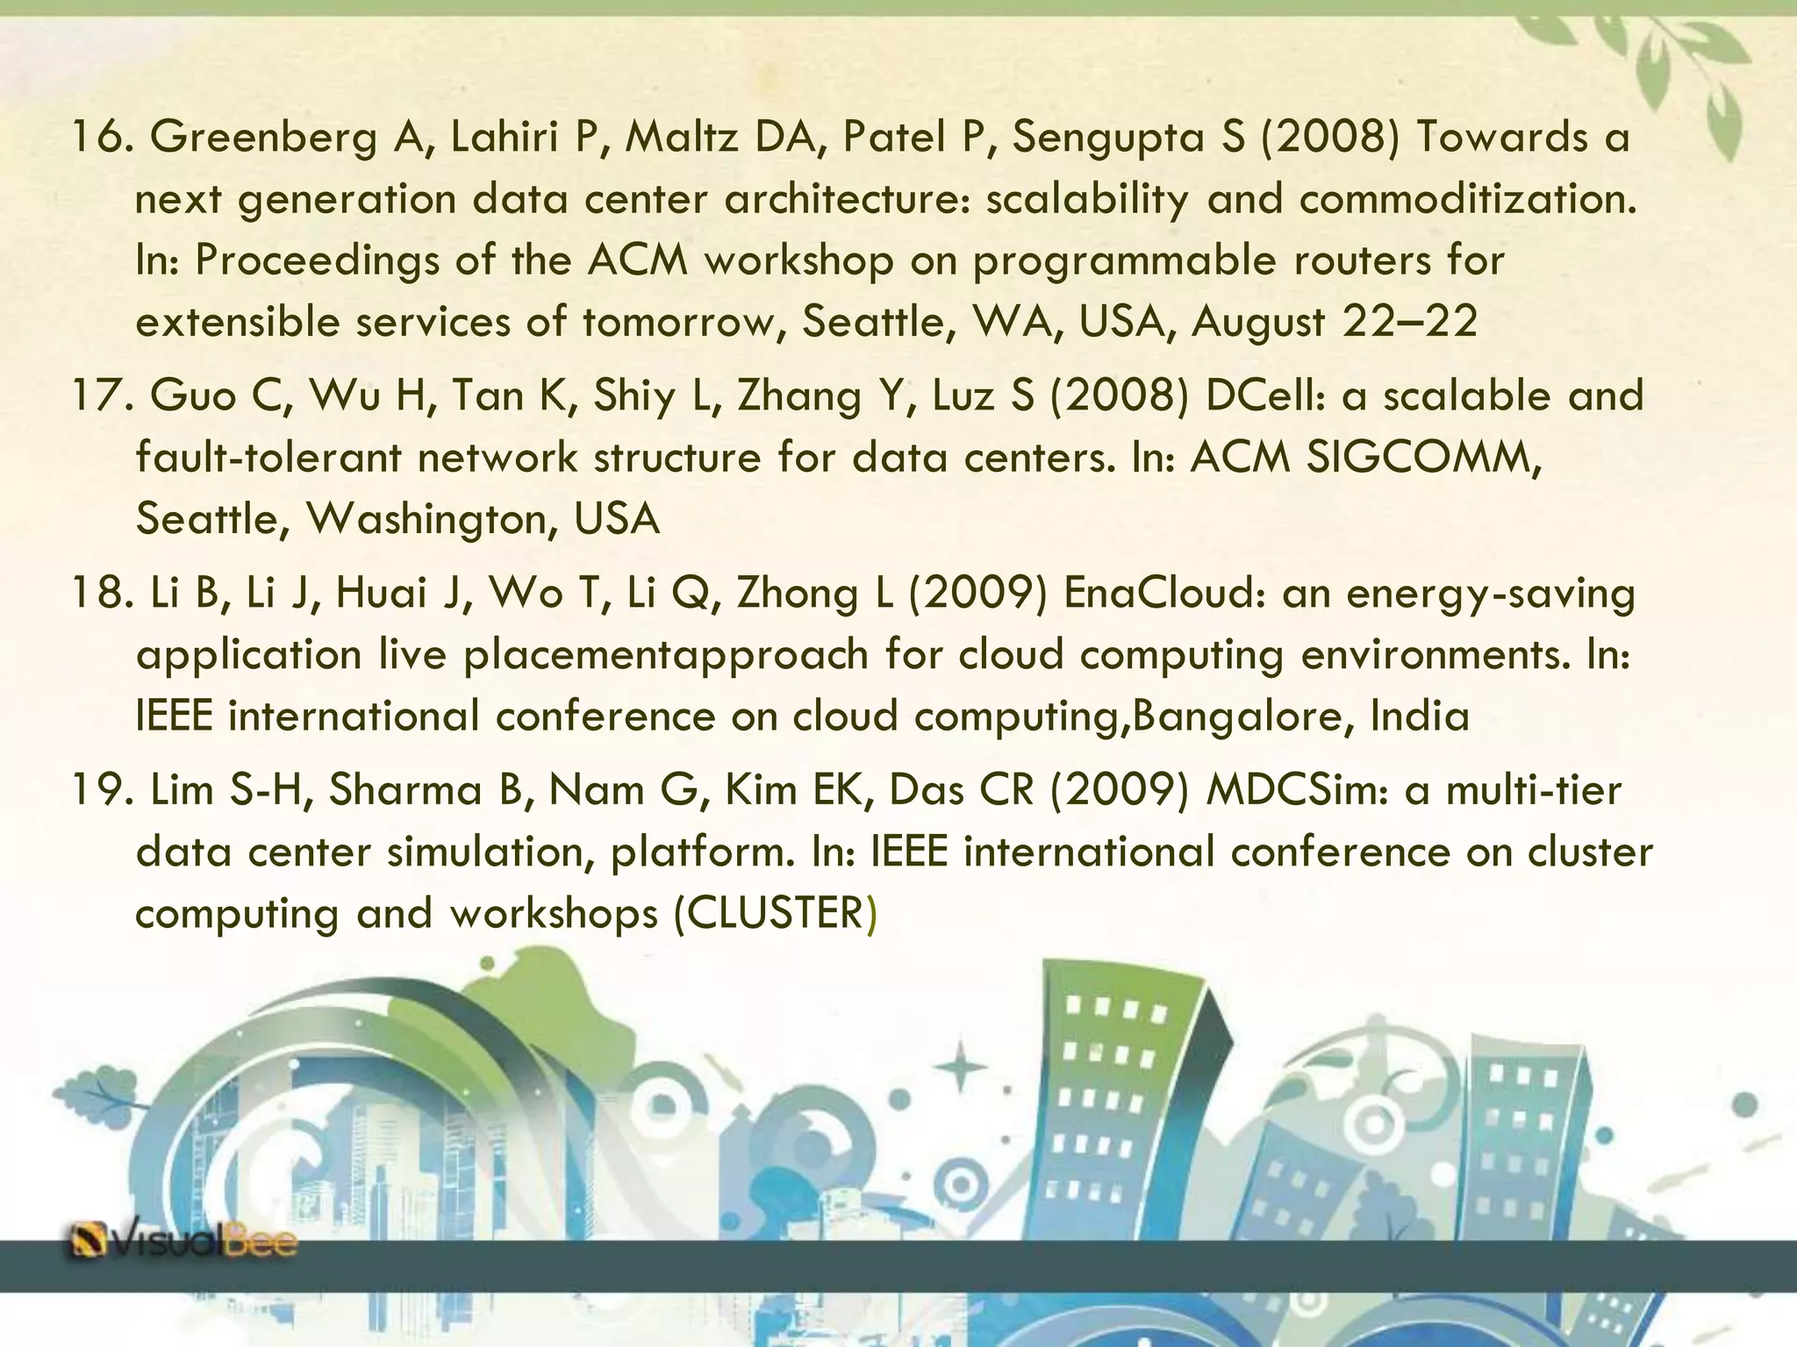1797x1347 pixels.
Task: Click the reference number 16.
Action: coord(101,139)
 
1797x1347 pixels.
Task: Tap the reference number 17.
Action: coord(101,396)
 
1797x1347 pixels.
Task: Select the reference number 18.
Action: coord(101,594)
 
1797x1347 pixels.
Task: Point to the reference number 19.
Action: coord(101,791)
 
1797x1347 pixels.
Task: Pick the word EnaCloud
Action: coord(1163,594)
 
